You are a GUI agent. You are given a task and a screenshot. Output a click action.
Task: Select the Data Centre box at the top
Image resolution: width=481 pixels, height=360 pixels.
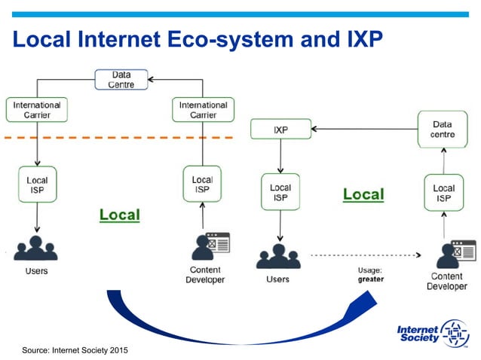click(121, 80)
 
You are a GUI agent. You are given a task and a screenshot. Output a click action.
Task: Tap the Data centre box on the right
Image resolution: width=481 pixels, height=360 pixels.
click(443, 129)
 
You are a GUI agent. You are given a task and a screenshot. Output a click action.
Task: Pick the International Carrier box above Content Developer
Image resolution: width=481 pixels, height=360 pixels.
click(203, 110)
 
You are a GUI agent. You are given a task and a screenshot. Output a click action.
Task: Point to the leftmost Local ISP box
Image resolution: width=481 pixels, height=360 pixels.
click(37, 185)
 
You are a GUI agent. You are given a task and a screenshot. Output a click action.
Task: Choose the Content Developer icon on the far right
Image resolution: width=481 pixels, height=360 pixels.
click(453, 254)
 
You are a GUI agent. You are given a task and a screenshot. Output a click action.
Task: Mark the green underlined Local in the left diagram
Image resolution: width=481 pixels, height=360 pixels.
click(120, 215)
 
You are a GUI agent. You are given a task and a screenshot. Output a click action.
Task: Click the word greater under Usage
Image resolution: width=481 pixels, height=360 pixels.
click(371, 279)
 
